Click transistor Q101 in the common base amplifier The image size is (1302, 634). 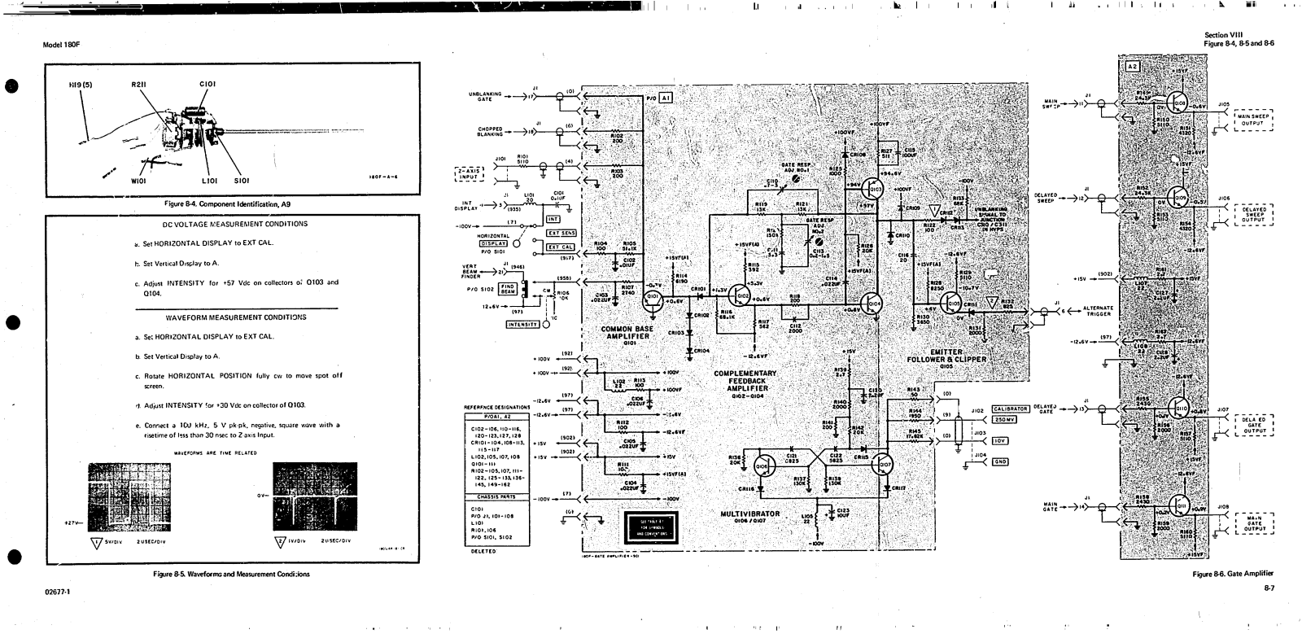(652, 302)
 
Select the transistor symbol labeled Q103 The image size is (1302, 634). (874, 190)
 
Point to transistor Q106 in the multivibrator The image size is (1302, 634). (762, 465)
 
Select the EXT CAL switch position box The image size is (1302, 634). (561, 247)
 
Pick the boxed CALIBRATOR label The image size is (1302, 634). (1010, 409)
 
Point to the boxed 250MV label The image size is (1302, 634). (1003, 420)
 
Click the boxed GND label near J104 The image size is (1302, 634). (999, 461)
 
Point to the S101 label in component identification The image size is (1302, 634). (242, 181)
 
